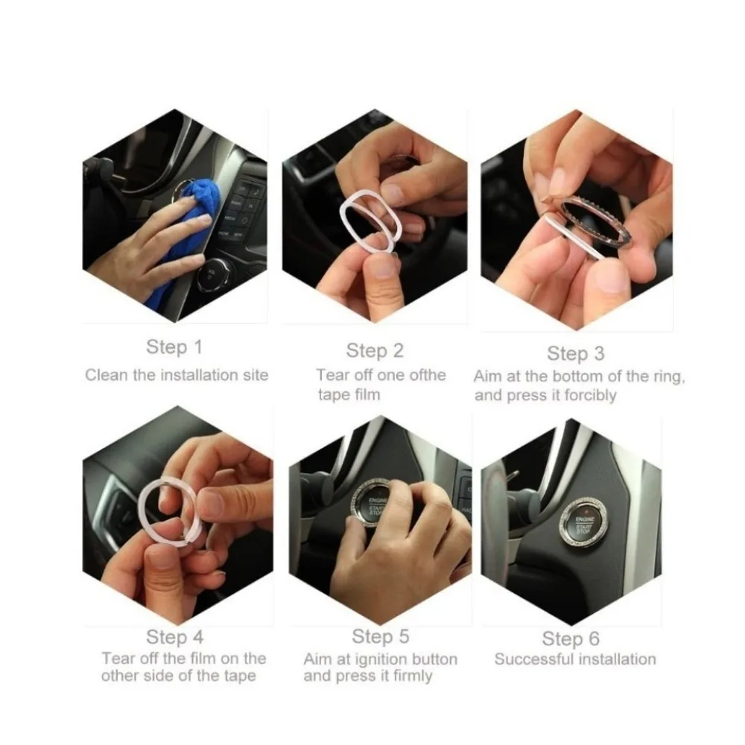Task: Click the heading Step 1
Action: pos(174,347)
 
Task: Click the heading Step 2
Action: pos(375,351)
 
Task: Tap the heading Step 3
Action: pos(575,353)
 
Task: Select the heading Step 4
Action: pos(174,637)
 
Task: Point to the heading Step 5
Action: pos(380,636)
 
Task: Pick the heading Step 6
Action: pos(571,638)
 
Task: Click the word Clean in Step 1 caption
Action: pos(107,375)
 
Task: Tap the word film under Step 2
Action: pos(364,394)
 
